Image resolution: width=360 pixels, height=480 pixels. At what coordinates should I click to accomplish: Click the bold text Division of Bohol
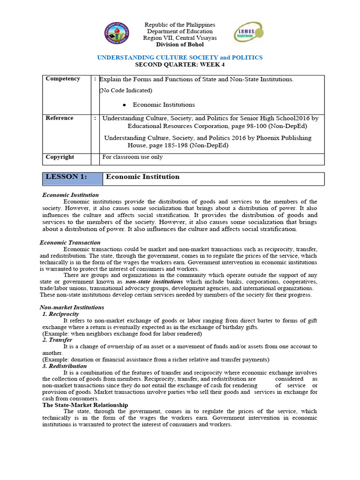[180, 45]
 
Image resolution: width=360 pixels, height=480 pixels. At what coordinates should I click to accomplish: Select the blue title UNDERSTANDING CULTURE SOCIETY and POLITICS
[180, 57]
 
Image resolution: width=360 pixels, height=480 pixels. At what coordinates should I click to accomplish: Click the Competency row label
[63, 79]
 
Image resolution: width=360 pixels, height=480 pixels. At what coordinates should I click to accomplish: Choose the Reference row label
[60, 118]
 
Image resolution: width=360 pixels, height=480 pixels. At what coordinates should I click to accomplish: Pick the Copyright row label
[60, 157]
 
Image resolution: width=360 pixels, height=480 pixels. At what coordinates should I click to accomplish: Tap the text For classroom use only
[132, 157]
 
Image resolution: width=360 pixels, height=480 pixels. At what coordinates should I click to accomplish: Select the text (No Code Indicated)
[126, 90]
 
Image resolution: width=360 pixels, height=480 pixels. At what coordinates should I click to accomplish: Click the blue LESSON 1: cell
[72, 177]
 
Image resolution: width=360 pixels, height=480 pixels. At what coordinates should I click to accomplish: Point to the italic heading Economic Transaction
[70, 242]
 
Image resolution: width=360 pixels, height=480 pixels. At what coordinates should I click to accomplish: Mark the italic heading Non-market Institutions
[72, 307]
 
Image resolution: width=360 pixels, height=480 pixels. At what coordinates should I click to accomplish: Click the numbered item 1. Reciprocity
[60, 314]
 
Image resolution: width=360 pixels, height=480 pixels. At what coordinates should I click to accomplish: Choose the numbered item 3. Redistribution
[64, 366]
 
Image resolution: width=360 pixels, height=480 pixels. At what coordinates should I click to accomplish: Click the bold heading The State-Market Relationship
[85, 405]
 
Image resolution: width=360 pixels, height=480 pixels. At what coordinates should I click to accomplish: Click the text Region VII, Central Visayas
[180, 38]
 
